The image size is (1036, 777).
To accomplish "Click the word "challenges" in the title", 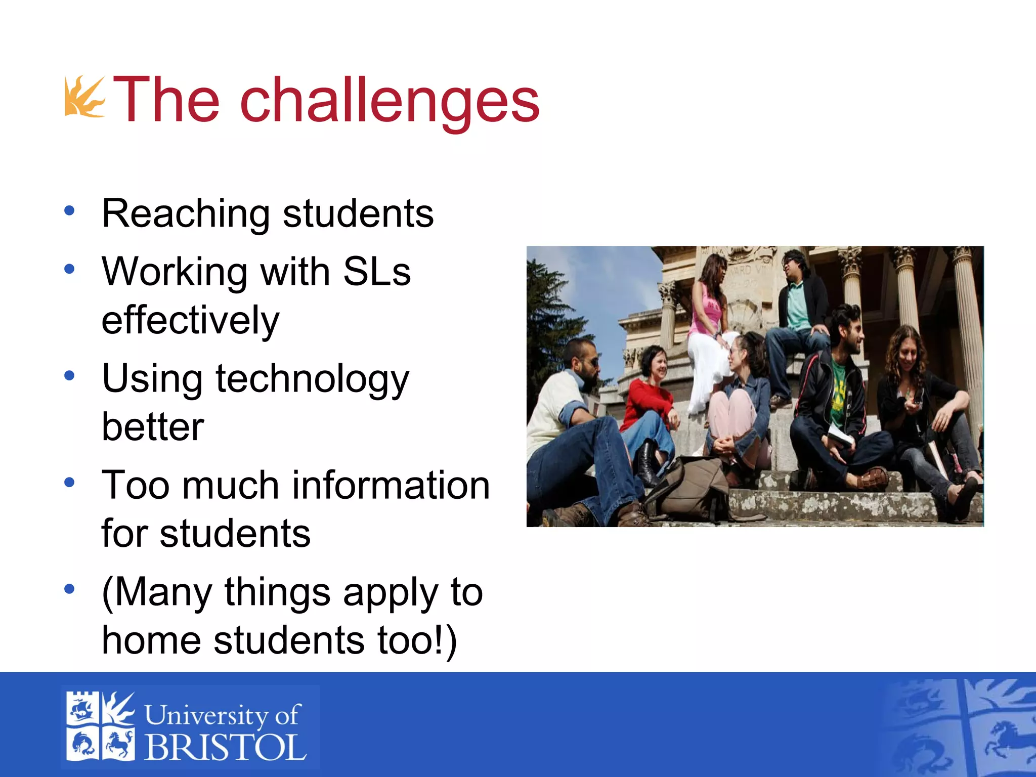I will click(x=390, y=100).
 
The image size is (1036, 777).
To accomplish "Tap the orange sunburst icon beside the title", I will click(x=84, y=97).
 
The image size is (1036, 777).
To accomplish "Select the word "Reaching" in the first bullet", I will click(x=186, y=213).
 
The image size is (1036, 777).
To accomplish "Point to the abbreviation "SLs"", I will click(x=377, y=272).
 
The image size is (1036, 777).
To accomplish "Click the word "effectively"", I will click(x=190, y=321).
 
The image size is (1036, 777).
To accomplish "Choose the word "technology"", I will click(x=312, y=379).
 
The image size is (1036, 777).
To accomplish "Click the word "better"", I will click(x=153, y=427).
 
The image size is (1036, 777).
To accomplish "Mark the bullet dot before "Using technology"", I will click(x=70, y=376).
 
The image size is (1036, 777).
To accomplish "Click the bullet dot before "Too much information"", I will click(x=70, y=483).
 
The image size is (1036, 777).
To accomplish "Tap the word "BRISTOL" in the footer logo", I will click(x=226, y=748).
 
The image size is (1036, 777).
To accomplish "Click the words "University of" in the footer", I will click(x=223, y=715).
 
